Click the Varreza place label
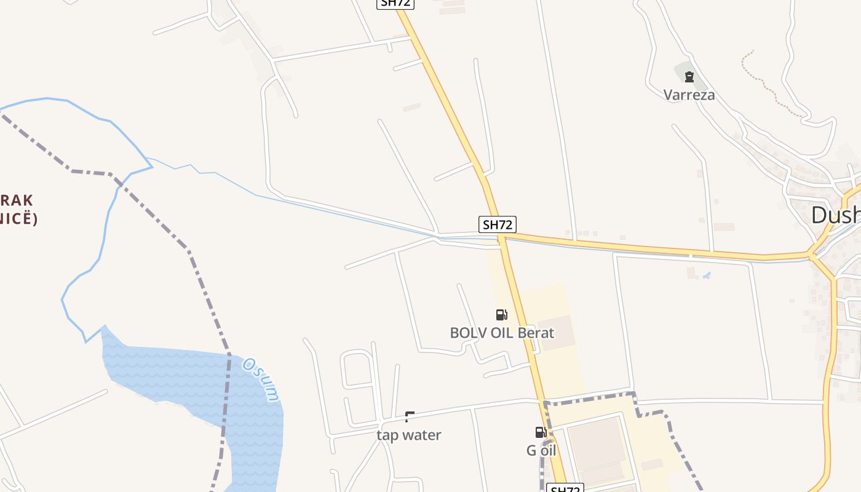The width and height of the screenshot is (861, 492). (x=689, y=95)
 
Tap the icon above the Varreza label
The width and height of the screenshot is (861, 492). (x=689, y=77)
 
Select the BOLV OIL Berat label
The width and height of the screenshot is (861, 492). (x=502, y=333)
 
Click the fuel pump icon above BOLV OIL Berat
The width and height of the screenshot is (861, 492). (x=502, y=315)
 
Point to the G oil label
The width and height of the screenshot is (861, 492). (x=541, y=450)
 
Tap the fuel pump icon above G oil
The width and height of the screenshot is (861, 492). (x=541, y=432)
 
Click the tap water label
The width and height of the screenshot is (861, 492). (x=409, y=435)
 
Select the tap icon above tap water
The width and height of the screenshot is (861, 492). (x=410, y=417)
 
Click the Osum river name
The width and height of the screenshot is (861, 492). (x=261, y=379)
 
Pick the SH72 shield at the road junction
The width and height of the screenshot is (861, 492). (x=498, y=224)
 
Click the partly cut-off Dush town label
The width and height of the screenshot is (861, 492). (x=835, y=215)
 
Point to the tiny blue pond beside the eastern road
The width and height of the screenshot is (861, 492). (x=707, y=276)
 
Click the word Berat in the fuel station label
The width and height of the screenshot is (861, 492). (x=536, y=333)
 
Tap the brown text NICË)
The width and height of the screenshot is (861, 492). (x=18, y=218)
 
